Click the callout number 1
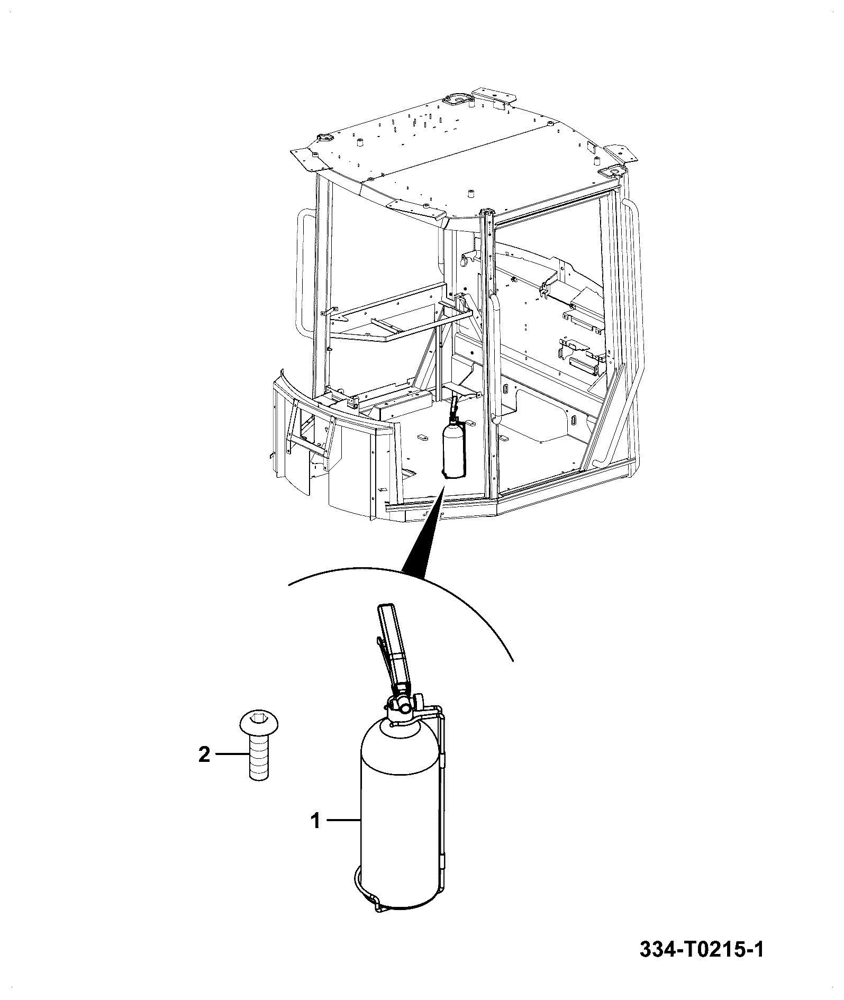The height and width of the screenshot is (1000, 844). tap(315, 836)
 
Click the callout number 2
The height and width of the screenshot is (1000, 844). tap(204, 755)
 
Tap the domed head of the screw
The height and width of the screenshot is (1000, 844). tap(259, 721)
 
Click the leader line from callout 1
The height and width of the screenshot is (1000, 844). tap(343, 835)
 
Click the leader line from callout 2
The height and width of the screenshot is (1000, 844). tap(232, 754)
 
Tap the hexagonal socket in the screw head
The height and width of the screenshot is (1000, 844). tap(259, 718)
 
